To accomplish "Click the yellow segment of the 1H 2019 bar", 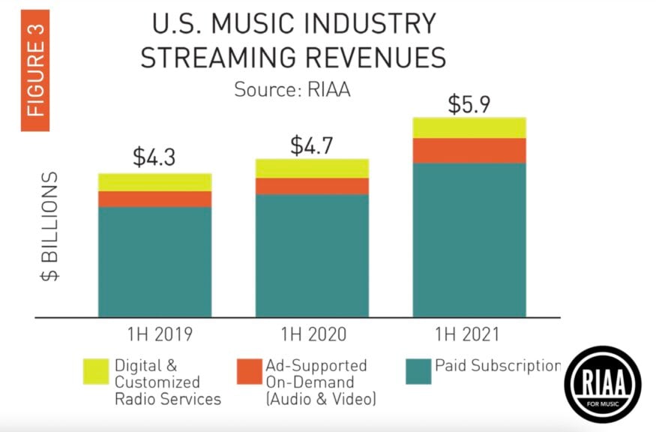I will click(154, 182).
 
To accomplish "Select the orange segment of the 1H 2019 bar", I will click(154, 199).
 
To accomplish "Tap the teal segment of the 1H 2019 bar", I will click(154, 261).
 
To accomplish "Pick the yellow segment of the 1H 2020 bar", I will click(312, 168).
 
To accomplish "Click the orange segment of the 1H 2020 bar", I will click(312, 186).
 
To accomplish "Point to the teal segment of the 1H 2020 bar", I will click(312, 255).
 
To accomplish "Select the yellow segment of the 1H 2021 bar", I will click(469, 127).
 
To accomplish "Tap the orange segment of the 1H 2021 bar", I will click(469, 151).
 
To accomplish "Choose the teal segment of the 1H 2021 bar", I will click(469, 239).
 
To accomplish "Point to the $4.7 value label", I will click(313, 143).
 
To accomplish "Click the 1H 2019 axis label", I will click(154, 334).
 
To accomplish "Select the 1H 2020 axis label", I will click(312, 334).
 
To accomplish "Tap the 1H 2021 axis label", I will click(469, 334).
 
